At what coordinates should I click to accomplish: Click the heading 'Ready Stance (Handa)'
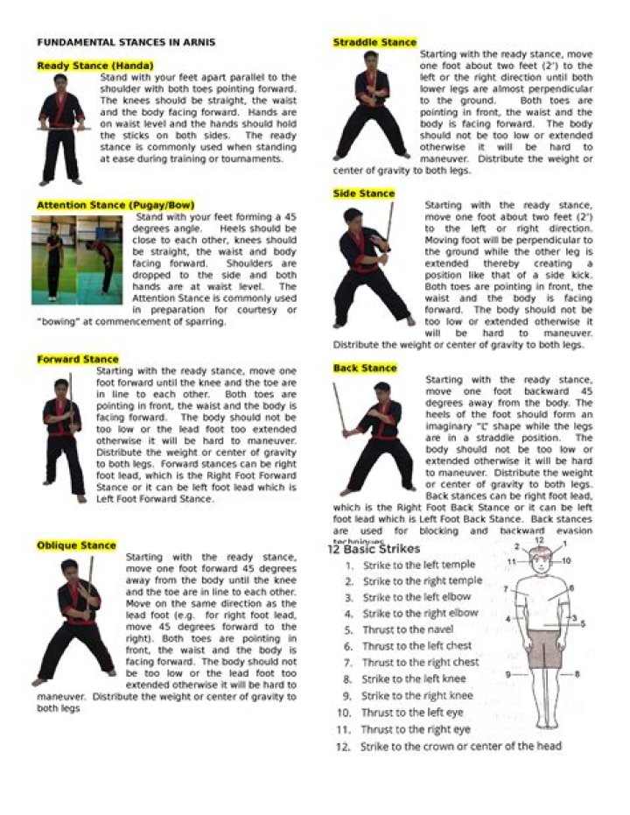[94, 66]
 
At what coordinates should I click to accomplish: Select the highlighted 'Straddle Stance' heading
[374, 42]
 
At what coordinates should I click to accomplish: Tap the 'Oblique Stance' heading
[76, 545]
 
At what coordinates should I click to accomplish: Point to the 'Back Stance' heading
[365, 369]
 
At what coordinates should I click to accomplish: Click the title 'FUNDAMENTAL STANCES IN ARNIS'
[126, 42]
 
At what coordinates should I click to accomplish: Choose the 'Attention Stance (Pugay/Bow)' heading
[115, 205]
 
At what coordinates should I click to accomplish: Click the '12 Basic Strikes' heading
[374, 549]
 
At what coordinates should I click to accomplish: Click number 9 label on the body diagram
[507, 674]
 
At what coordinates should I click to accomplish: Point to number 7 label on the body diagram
[506, 589]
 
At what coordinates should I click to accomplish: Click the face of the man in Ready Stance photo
[60, 83]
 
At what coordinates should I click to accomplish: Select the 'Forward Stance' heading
[78, 359]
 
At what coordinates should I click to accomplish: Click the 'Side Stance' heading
[363, 193]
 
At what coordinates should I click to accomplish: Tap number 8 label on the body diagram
[577, 674]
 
